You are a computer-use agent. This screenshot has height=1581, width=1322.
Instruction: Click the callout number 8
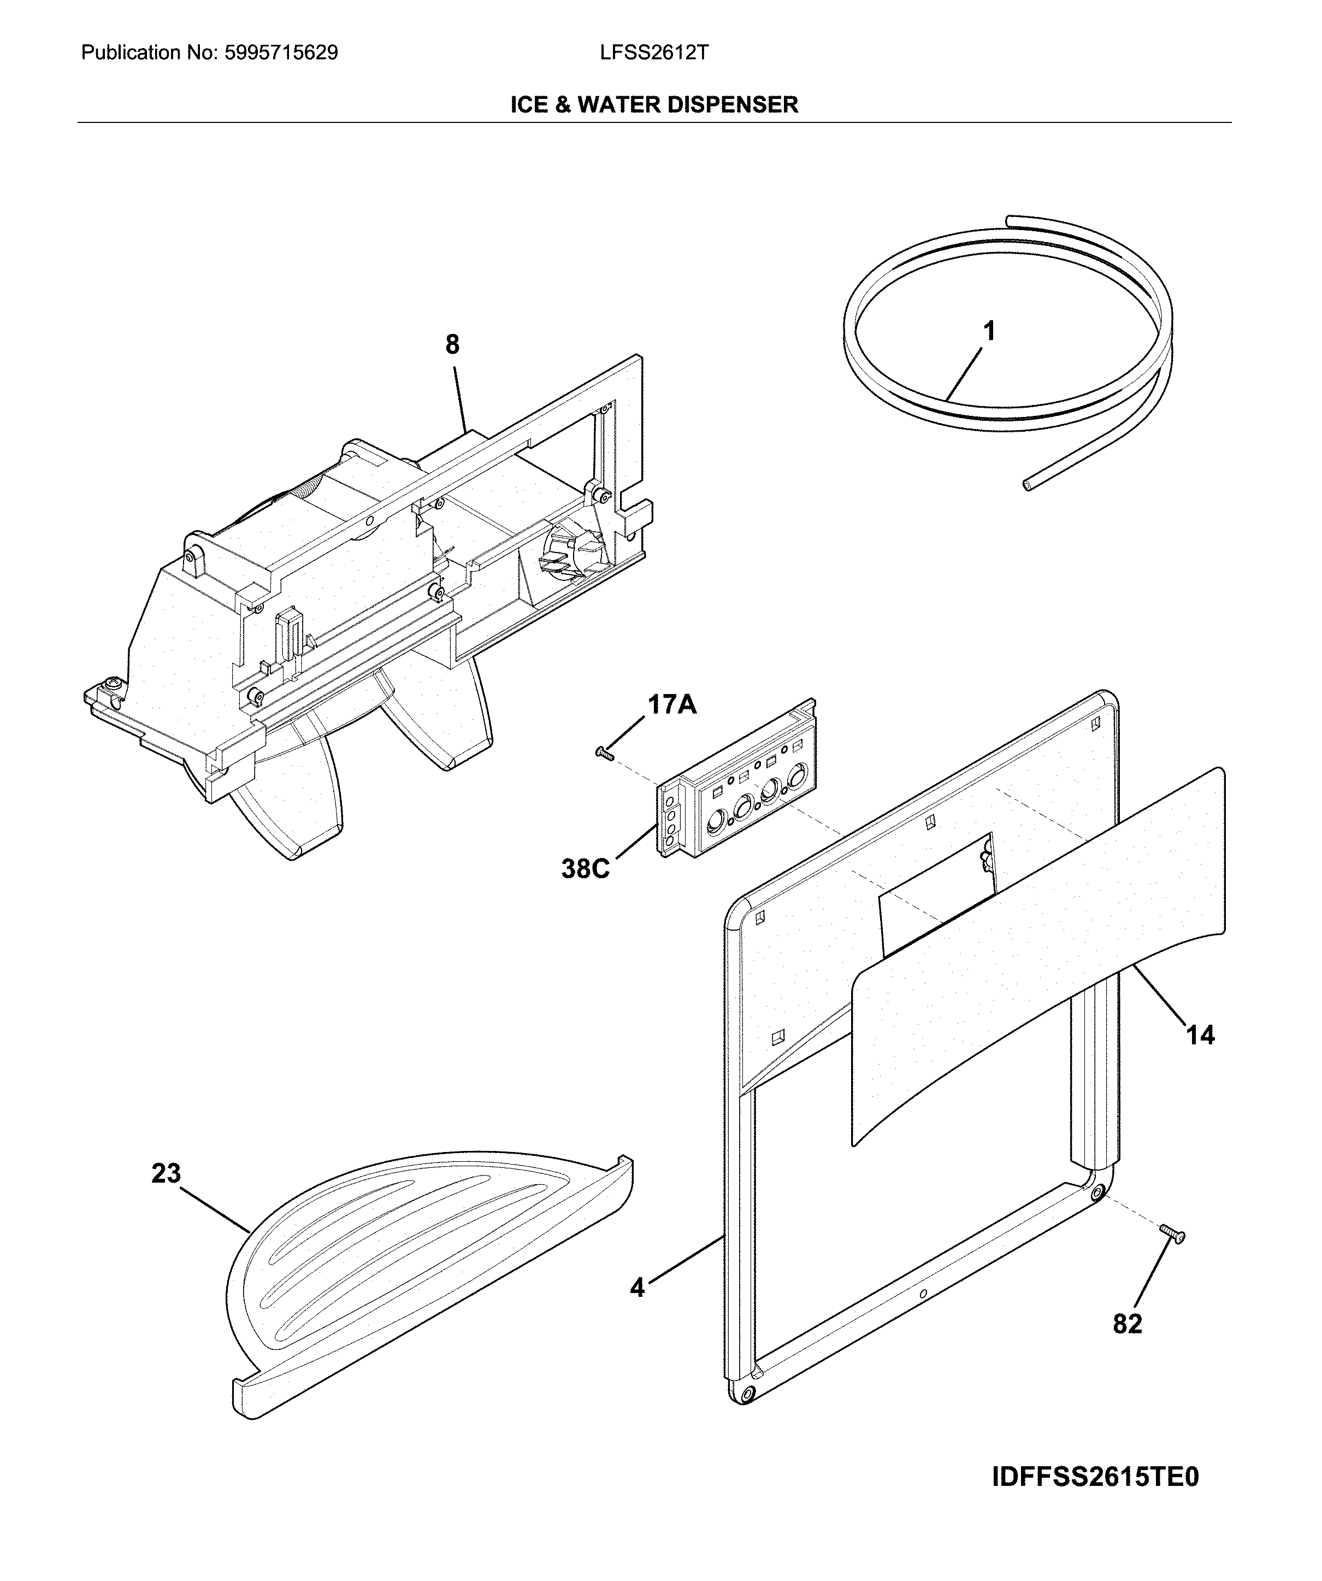tap(451, 345)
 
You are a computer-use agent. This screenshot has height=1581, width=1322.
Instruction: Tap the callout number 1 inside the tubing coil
tap(989, 331)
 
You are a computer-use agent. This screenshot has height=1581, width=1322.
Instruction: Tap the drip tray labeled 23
tap(421, 1272)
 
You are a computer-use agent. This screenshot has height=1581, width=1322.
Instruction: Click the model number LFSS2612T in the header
tap(654, 52)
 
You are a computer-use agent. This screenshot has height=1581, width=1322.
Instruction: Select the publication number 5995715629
tap(281, 52)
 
